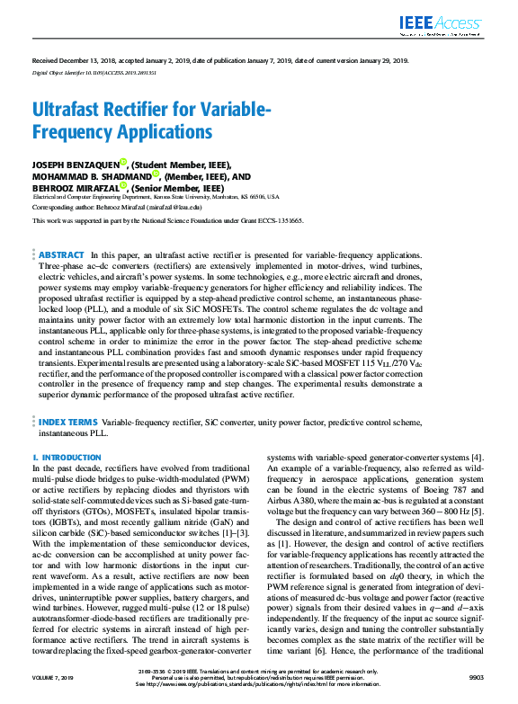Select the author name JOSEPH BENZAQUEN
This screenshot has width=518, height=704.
tap(76, 165)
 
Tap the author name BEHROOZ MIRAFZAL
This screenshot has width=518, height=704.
tap(76, 189)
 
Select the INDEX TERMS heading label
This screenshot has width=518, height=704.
tap(68, 421)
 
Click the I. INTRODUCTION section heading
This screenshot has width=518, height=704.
tap(67, 458)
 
